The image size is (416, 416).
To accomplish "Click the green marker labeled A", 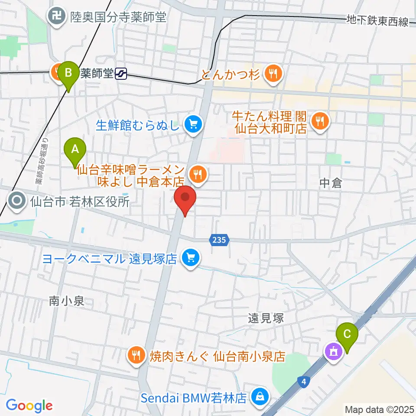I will point(75,149).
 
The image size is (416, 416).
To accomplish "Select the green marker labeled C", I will point(347,335).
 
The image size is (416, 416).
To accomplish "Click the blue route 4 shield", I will point(305,381).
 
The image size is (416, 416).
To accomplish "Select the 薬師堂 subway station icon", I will point(121,74).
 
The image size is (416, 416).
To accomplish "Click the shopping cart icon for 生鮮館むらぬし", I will point(191,126).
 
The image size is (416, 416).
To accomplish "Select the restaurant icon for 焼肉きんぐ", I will point(136,356).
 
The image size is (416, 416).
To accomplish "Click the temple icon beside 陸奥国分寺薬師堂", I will point(56,17).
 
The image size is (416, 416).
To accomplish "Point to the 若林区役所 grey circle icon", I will point(17,201).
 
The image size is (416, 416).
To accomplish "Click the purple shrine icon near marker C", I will point(334,351).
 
